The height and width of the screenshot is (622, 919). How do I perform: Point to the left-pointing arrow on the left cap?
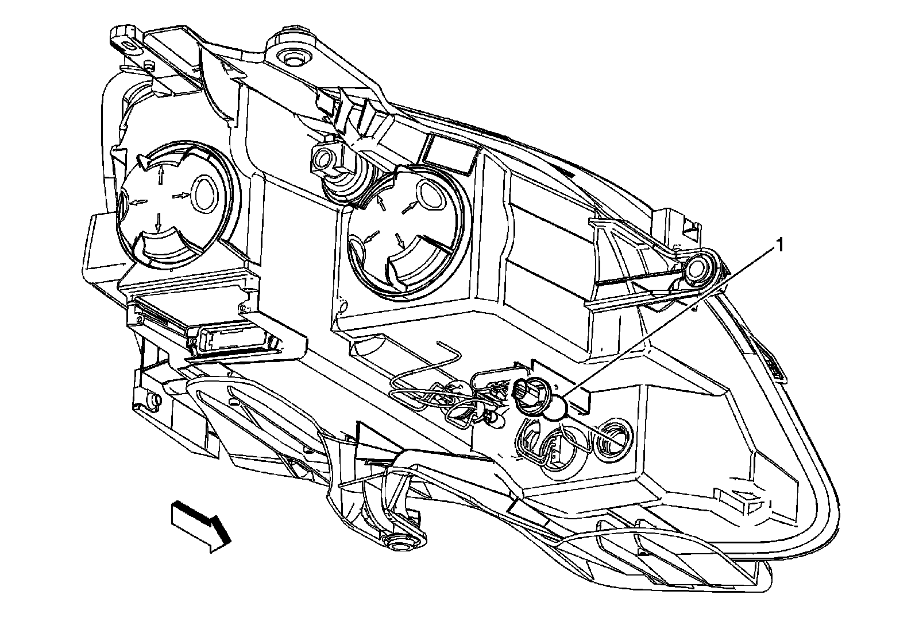click(137, 201)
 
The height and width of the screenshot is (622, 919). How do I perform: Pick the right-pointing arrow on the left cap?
click(182, 196)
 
